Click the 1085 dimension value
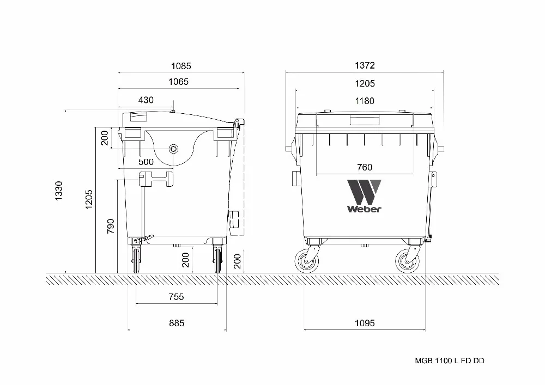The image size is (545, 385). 181,66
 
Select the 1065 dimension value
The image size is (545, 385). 178,82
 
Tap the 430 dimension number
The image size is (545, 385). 146,100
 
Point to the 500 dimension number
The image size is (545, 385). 146,162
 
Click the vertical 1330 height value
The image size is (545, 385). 59,191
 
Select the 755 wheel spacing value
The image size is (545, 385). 176,297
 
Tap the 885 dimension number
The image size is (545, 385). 176,323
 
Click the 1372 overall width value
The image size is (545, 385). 365,65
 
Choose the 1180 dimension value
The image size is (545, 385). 365,101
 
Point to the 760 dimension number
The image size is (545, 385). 365,167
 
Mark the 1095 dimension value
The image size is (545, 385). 365,323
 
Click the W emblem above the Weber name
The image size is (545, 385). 364,191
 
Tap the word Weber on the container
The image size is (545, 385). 364,209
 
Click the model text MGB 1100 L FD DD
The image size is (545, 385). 450,360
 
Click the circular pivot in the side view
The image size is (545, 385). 174,149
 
